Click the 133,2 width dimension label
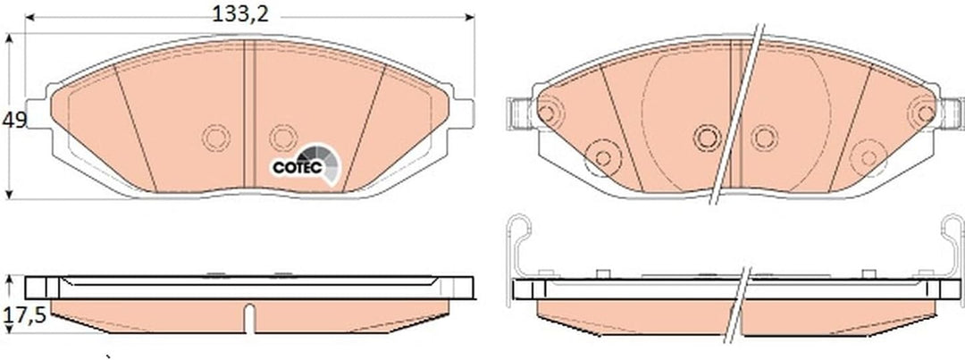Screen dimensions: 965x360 [x=240, y=13]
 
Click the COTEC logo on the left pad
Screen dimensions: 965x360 [x=306, y=163]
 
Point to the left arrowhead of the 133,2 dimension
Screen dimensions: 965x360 [x=29, y=17]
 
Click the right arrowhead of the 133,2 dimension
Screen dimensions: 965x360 [x=470, y=17]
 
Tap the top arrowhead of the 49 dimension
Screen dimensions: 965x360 [x=9, y=38]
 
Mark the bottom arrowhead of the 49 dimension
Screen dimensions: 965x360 [x=9, y=194]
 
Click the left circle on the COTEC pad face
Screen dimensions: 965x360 [x=216, y=138]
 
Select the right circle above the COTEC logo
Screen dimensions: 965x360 [x=283, y=138]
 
